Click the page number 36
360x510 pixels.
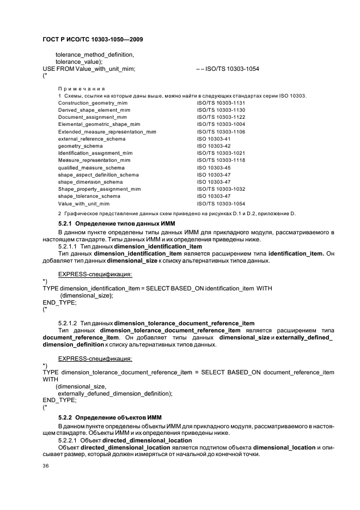[x=46, y=466]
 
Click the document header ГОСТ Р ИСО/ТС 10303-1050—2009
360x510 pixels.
[x=93, y=40]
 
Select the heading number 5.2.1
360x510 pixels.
[x=65, y=224]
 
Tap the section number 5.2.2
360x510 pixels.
[x=65, y=417]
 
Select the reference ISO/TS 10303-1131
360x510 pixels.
[x=221, y=103]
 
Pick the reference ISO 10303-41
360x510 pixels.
[x=213, y=139]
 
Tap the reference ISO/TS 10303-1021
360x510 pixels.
[x=221, y=153]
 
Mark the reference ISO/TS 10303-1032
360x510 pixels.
[x=221, y=189]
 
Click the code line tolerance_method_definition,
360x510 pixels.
[x=95, y=54]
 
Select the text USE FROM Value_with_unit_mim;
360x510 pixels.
[x=89, y=69]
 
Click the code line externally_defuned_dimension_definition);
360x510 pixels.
[x=115, y=393]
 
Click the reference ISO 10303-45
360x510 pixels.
[x=213, y=168]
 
